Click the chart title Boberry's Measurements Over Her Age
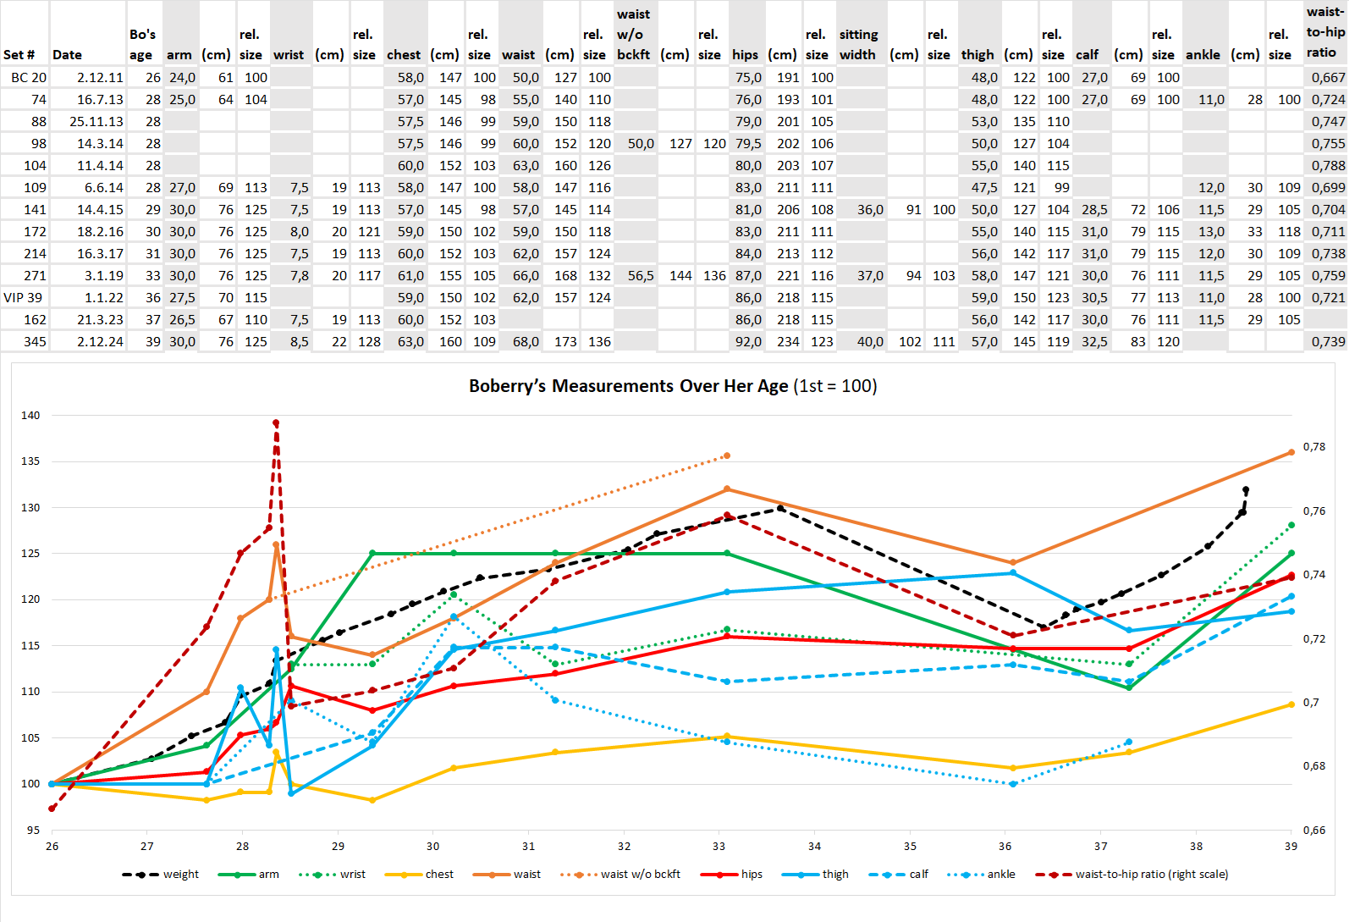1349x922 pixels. pos(673,386)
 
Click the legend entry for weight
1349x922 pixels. pos(161,875)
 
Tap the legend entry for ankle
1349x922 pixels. pos(982,875)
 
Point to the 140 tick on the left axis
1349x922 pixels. pos(30,416)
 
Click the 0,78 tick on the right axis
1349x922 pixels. pos(1313,447)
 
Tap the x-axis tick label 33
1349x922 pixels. pos(719,846)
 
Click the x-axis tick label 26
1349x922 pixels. pos(52,846)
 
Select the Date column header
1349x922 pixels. pos(67,55)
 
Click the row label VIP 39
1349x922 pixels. pos(23,298)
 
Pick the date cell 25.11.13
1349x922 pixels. pos(96,122)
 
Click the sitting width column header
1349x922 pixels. pos(858,45)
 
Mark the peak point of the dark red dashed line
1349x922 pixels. pos(276,423)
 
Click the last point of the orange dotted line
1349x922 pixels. pos(727,456)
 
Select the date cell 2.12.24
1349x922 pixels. pos(100,342)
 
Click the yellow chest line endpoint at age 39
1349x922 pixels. pos(1291,704)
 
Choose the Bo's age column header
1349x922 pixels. pos(142,45)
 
